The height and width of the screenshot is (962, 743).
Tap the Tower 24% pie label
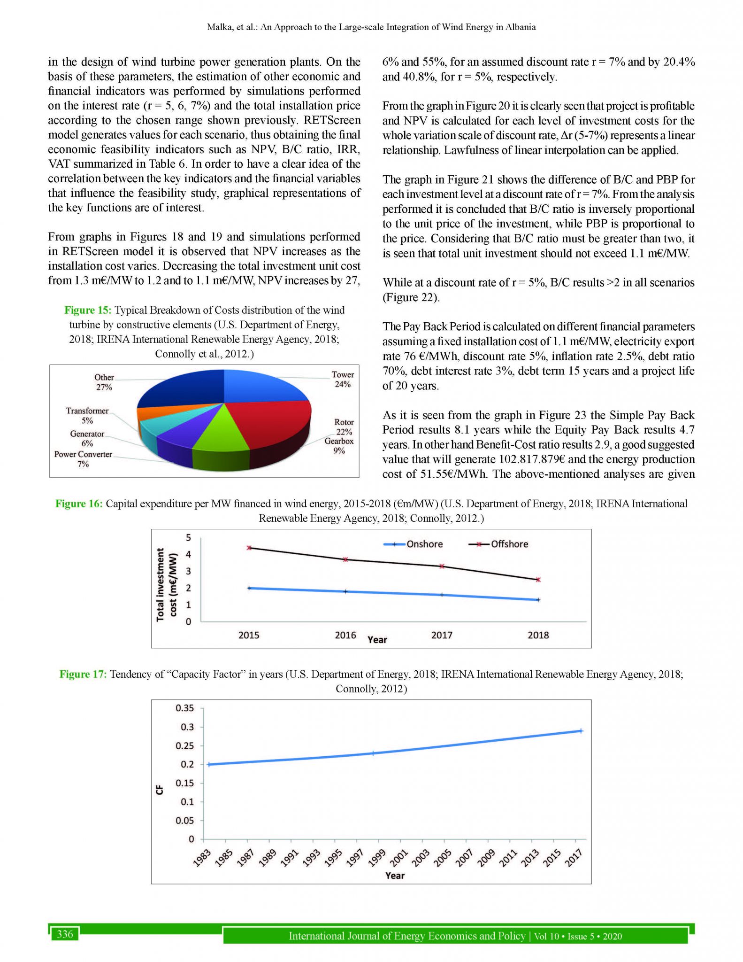pos(343,379)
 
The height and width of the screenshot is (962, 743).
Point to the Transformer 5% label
pos(87,415)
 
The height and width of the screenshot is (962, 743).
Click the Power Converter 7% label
pos(83,459)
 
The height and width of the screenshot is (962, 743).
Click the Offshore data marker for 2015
pos(249,548)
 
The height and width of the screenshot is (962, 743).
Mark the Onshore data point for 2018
pos(538,600)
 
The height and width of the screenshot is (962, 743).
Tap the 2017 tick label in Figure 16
pos(442,635)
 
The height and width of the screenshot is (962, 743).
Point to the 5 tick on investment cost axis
pos(189,537)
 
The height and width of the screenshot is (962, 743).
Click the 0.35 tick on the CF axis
pos(184,708)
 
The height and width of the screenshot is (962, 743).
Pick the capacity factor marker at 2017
pos(581,731)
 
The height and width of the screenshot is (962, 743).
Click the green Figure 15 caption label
pos(88,310)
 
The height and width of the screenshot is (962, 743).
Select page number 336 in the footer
pos(65,934)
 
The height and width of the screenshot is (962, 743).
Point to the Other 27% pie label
pos(104,382)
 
